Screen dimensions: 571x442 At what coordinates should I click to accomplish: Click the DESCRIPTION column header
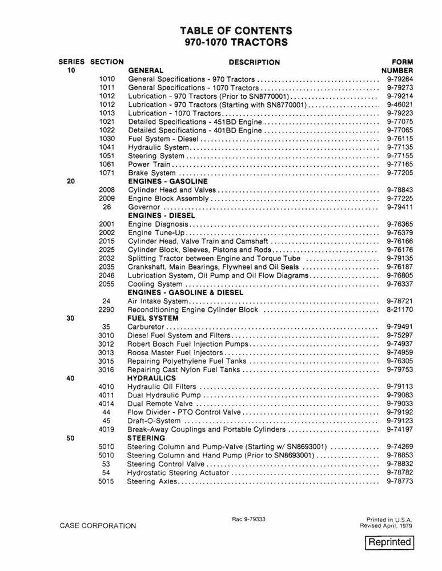[254, 62]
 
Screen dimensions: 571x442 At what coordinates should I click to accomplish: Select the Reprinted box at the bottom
[389, 542]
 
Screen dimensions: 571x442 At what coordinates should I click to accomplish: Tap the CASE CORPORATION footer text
[98, 526]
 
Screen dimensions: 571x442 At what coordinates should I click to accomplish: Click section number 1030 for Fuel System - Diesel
[107, 139]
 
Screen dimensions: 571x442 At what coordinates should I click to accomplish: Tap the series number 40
[71, 378]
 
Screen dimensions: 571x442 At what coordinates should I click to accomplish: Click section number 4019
[107, 429]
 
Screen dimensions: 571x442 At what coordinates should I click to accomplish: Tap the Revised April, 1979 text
[386, 525]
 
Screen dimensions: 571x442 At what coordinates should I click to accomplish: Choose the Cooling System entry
[155, 284]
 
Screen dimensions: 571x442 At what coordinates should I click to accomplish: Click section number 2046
[107, 275]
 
